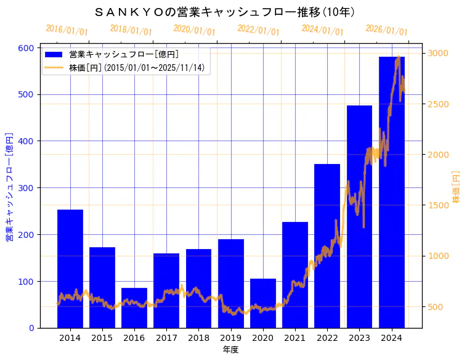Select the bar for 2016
(x=134, y=308)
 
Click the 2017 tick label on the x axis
(x=166, y=338)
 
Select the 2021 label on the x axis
(x=295, y=338)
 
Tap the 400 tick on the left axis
(x=26, y=141)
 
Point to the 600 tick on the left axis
(x=26, y=48)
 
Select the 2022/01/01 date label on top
(x=258, y=30)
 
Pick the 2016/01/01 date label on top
(x=67, y=30)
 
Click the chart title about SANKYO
(x=225, y=12)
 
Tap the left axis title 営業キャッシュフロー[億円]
(x=10, y=186)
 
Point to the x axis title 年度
(x=230, y=350)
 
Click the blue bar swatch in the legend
(x=54, y=54)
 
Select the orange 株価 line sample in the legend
(x=54, y=67)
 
